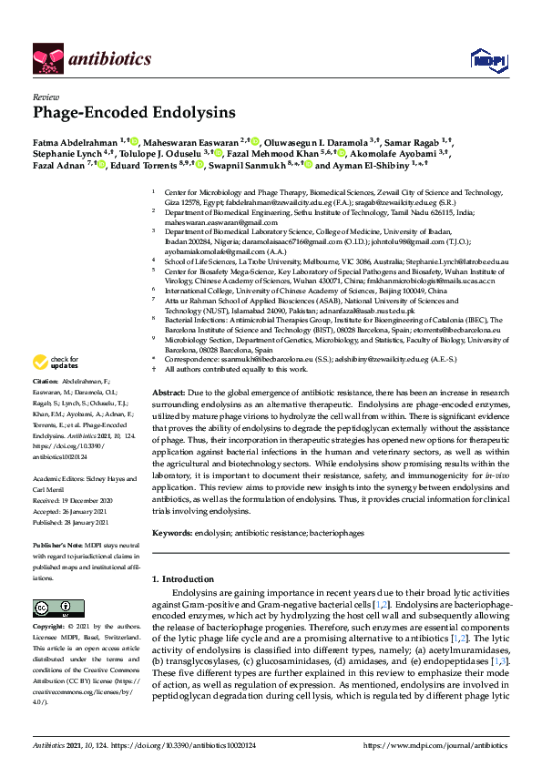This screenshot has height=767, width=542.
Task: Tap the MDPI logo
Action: pos(483,60)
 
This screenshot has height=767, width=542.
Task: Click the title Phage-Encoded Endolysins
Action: pos(134,113)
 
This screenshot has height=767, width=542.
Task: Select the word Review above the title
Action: pos(46,96)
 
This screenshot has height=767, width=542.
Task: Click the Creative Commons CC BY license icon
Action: pos(53,608)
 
